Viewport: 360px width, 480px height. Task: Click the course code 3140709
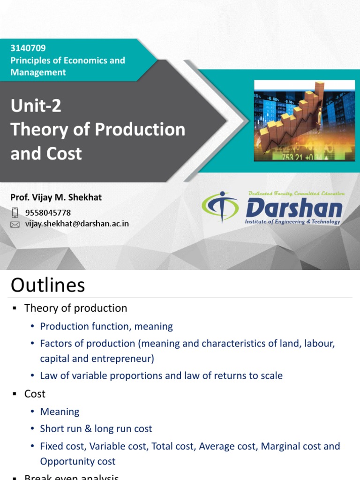tap(28, 48)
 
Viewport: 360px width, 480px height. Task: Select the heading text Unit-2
tap(36, 106)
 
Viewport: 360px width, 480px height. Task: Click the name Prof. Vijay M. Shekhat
tap(56, 197)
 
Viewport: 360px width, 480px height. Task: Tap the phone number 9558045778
tap(48, 213)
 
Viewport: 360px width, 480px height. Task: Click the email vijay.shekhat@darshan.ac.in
tap(77, 224)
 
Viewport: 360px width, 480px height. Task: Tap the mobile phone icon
tap(15, 212)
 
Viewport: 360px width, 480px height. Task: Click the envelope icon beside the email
tap(15, 225)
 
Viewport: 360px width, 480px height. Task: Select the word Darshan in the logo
tap(293, 208)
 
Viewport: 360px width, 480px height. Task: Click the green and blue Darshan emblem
tap(219, 208)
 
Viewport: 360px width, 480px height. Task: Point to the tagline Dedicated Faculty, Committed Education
tap(296, 193)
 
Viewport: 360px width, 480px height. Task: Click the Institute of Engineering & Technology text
tap(293, 222)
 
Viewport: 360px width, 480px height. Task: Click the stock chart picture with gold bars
tap(304, 120)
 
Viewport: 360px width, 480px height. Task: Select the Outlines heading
tap(48, 285)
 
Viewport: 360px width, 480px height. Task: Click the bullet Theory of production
tap(75, 308)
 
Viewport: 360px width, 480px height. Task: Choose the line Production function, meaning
tap(106, 326)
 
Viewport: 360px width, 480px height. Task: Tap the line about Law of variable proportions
tap(161, 375)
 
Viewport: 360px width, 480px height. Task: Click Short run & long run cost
tap(96, 428)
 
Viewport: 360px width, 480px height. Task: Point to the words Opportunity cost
tap(78, 461)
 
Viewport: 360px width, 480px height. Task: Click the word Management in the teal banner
tap(38, 72)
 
